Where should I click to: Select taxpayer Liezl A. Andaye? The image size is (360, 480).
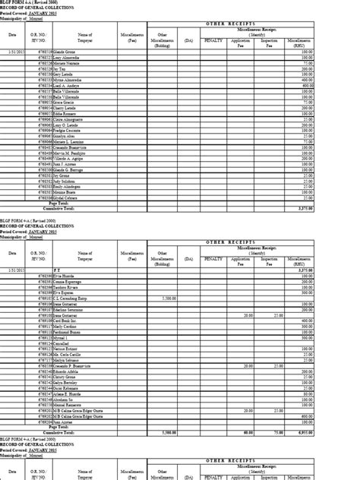(67, 85)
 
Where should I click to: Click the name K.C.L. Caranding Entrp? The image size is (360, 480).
(71, 299)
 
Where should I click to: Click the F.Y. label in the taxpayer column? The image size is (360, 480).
(58, 269)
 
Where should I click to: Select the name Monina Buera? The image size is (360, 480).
(65, 192)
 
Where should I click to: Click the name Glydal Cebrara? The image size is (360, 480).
(65, 197)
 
